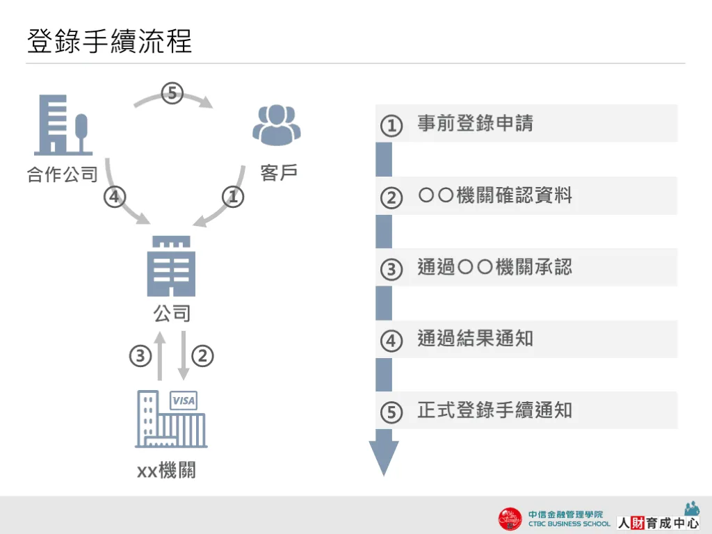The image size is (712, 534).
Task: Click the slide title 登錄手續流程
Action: point(109,41)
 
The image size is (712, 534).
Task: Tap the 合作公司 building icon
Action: point(63,124)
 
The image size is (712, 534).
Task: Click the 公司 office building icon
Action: point(171,266)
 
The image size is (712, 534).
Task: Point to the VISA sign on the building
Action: point(184,400)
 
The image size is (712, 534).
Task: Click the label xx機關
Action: point(166,471)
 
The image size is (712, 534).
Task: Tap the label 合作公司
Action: point(63,174)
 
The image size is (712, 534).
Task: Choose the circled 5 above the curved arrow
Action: point(172,92)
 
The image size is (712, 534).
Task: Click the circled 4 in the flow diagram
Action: point(115,197)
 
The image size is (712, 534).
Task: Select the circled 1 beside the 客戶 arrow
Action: point(234,197)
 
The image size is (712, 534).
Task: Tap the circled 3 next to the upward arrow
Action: point(140,357)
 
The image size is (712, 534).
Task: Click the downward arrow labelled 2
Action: point(184,356)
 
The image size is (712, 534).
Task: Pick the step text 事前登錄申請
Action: point(475,124)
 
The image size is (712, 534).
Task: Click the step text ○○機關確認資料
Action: point(494,195)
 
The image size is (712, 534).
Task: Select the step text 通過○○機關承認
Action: point(494,267)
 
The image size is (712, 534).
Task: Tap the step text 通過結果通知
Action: point(475,339)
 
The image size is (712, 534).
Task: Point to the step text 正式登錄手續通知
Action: point(494,410)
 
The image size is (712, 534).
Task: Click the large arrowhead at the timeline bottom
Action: point(383,456)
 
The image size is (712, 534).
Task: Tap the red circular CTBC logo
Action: point(510,519)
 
